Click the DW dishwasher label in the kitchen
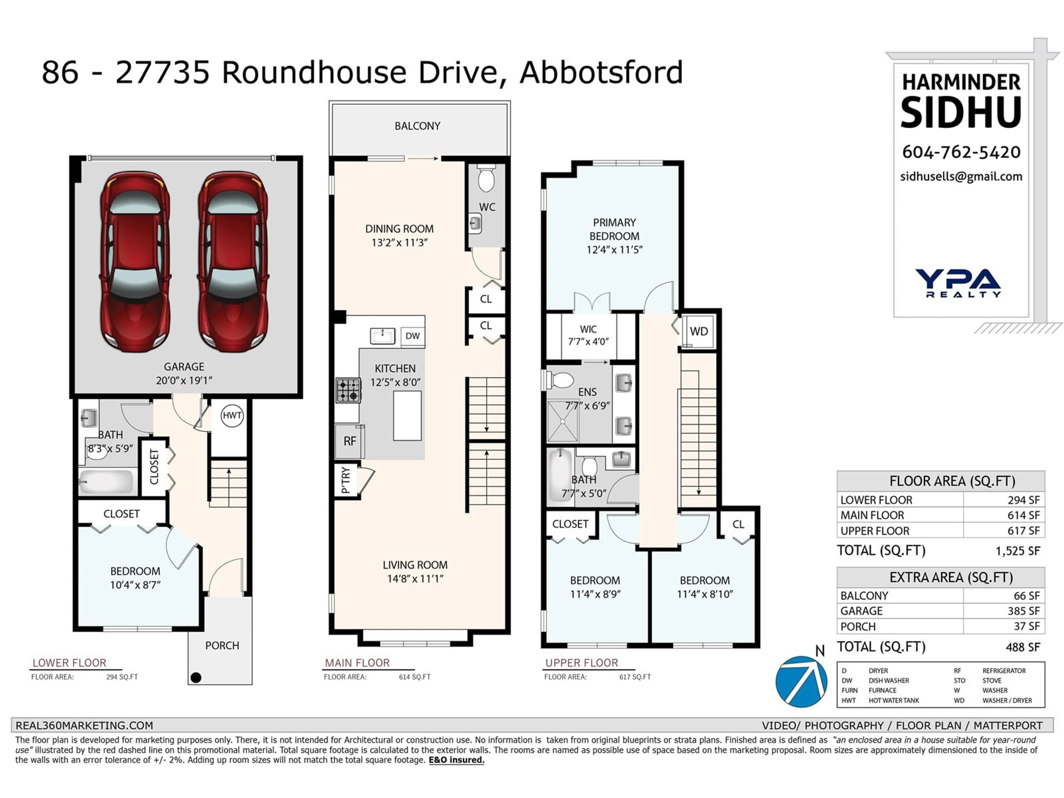pyautogui.click(x=413, y=336)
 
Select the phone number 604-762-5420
pyautogui.click(x=961, y=152)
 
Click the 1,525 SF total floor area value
pyautogui.click(x=1017, y=551)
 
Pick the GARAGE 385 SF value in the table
pyautogui.click(x=1027, y=611)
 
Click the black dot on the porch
pyautogui.click(x=196, y=678)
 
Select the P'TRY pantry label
pyautogui.click(x=345, y=480)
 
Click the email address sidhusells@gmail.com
pyautogui.click(x=961, y=177)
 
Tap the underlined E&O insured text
pyautogui.click(x=456, y=760)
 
